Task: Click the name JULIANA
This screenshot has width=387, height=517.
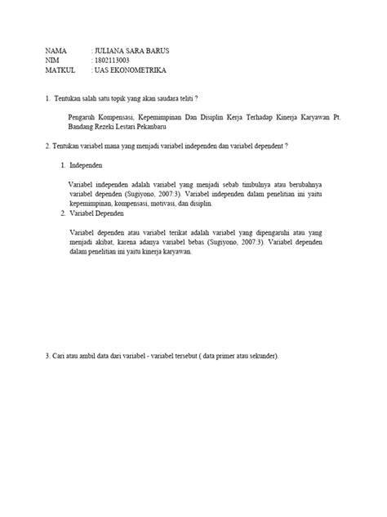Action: (x=113, y=51)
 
